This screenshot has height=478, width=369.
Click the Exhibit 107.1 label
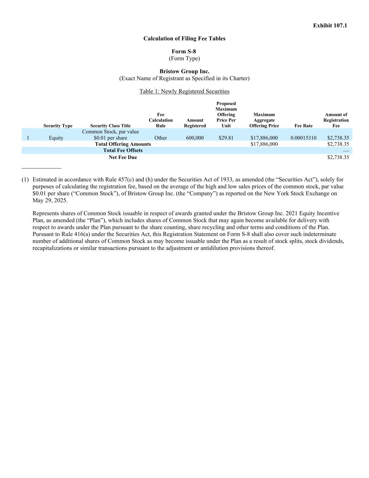click(330, 26)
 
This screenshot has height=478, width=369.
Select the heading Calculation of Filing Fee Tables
click(184, 39)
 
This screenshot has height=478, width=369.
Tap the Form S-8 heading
click(184, 51)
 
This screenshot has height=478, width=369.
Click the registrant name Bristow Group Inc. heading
click(184, 71)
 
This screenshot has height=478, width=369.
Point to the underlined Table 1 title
click(184, 91)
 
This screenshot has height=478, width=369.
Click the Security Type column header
click(58, 126)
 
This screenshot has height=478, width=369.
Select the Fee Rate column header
click(304, 126)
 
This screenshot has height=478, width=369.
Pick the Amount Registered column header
click(195, 123)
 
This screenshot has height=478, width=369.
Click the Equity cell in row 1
click(56, 138)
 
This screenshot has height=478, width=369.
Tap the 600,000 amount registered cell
click(195, 138)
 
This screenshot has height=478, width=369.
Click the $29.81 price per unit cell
click(226, 138)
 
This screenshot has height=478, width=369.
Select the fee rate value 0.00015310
click(303, 138)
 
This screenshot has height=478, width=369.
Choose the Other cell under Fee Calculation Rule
click(161, 138)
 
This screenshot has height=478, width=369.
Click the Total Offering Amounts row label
click(123, 144)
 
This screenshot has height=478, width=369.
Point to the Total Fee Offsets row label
click(123, 151)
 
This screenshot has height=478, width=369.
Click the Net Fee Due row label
click(123, 158)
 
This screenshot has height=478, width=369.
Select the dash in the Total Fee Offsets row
click(346, 151)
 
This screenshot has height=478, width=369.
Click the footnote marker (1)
click(25, 180)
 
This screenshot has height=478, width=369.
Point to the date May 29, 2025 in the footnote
click(50, 201)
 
